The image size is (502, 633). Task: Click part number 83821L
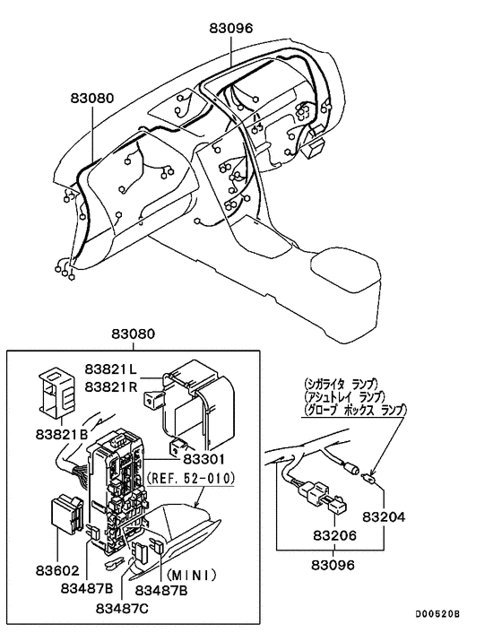click(x=111, y=369)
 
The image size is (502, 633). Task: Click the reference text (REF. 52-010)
click(x=191, y=480)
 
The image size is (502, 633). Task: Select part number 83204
click(x=385, y=517)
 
